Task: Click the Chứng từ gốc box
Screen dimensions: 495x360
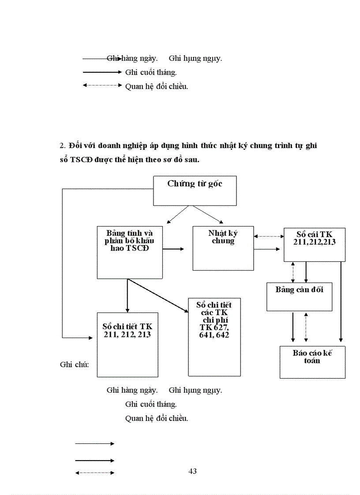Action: pyautogui.click(x=195, y=190)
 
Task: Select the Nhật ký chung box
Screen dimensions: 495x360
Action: pyautogui.click(x=223, y=248)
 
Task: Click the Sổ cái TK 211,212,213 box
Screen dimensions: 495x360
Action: pyautogui.click(x=314, y=244)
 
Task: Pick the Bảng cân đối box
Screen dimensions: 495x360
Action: pyautogui.click(x=299, y=297)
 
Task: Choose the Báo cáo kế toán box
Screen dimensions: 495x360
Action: pyautogui.click(x=312, y=362)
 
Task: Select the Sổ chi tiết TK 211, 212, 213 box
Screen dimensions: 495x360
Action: pyautogui.click(x=127, y=344)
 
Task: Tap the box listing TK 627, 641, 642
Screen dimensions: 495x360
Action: pyautogui.click(x=214, y=337)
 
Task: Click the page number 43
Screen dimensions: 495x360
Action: pyautogui.click(x=192, y=471)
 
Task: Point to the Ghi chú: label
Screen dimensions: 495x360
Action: pyautogui.click(x=75, y=365)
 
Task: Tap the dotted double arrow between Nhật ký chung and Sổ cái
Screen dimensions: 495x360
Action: pyautogui.click(x=269, y=236)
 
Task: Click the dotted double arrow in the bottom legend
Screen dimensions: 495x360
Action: pyautogui.click(x=95, y=473)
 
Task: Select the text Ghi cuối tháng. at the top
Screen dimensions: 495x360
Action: pyautogui.click(x=151, y=72)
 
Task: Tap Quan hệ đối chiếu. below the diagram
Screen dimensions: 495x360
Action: pyautogui.click(x=157, y=418)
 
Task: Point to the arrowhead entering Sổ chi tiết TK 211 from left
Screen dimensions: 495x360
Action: pyautogui.click(x=90, y=338)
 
